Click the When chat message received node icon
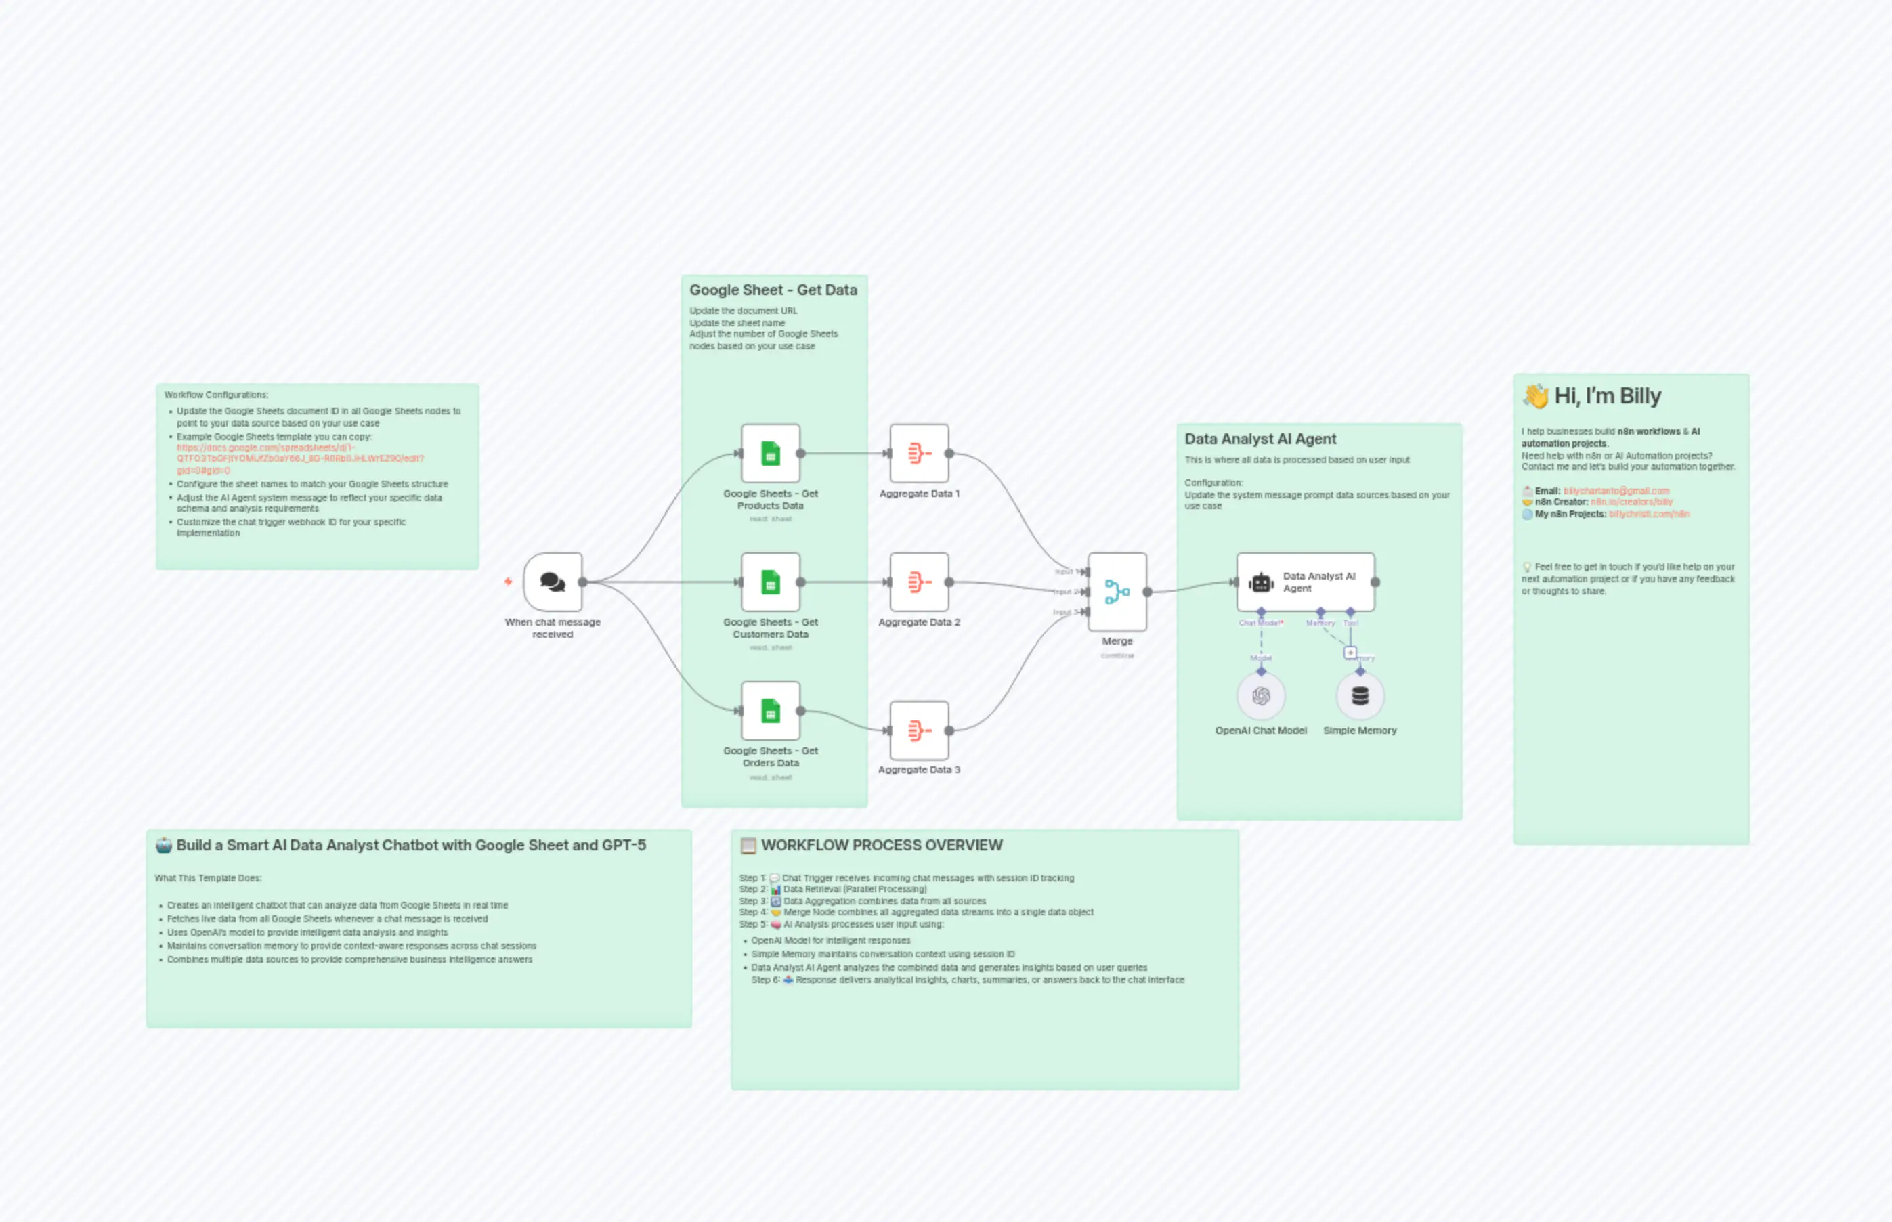tap(553, 582)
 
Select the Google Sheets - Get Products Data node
tap(770, 453)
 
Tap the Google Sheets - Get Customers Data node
tap(770, 582)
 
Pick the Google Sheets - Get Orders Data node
tap(770, 710)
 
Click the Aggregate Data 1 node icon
tap(918, 453)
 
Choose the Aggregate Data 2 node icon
tap(918, 582)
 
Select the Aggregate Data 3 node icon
tap(918, 730)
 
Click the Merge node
tap(1117, 591)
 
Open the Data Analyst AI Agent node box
tap(1305, 582)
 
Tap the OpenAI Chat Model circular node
tap(1260, 696)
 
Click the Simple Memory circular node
tap(1360, 696)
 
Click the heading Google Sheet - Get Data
tap(773, 290)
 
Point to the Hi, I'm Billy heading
tap(1607, 396)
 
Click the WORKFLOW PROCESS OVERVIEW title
tap(881, 845)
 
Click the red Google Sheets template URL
tap(300, 458)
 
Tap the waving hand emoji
tap(1536, 395)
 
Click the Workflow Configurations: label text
tap(216, 395)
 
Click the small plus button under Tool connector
tap(1350, 652)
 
